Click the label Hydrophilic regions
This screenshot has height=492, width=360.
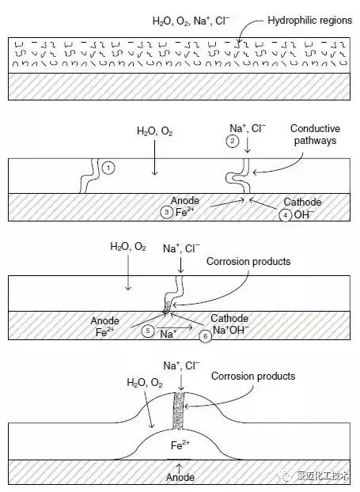[309, 21]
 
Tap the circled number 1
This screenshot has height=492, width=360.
[108, 168]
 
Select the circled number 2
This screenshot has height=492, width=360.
[233, 141]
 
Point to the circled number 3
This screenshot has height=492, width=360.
[167, 212]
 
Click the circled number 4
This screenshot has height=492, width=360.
[286, 216]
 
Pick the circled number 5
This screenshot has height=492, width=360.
[148, 331]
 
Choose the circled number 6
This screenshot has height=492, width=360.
[205, 336]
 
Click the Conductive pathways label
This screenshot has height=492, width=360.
[315, 134]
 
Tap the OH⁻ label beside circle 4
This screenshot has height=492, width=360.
[304, 214]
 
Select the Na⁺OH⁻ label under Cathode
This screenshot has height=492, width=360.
[231, 330]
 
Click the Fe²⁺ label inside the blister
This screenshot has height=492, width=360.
[180, 445]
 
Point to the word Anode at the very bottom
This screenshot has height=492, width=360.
[180, 477]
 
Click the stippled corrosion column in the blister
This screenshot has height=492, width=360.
[178, 411]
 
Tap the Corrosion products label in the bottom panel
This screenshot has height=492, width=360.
[253, 376]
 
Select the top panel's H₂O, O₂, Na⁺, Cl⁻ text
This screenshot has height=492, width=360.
[191, 21]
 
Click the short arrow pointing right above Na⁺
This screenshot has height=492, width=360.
[175, 327]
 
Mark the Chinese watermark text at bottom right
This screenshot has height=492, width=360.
[322, 475]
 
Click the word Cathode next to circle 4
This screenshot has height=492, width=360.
[302, 202]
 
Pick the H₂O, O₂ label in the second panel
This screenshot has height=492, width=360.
[155, 131]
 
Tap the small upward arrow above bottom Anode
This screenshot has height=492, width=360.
[179, 468]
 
